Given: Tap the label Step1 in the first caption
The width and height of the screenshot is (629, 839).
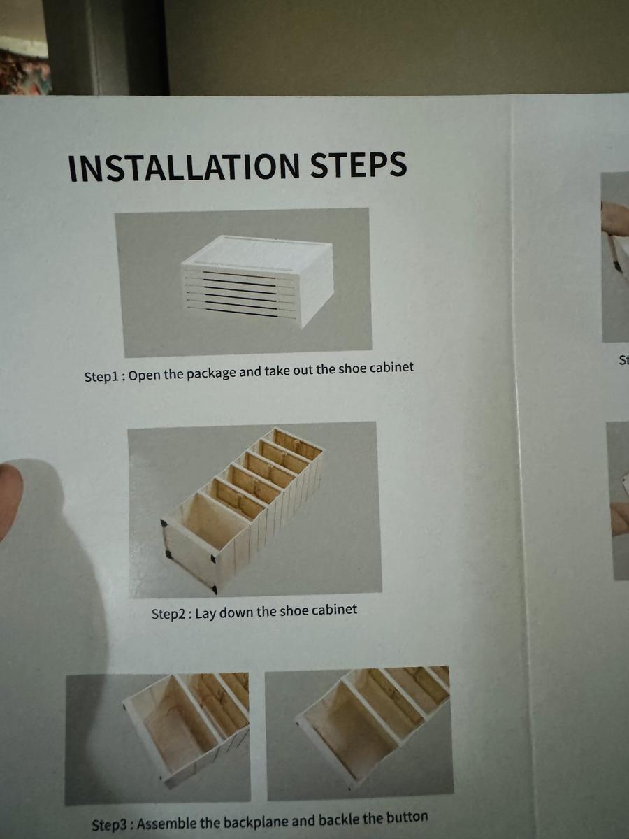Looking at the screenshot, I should point(103,375).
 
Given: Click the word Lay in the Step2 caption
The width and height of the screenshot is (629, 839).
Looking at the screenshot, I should point(206,613).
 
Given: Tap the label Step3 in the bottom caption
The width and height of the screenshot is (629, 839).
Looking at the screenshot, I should point(111,825).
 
